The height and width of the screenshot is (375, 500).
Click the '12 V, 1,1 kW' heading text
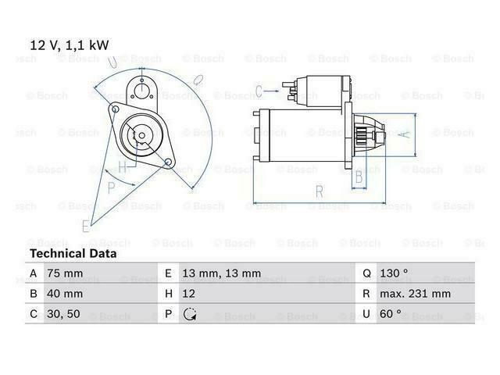tap(70, 45)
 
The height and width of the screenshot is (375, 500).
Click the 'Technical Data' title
tap(73, 253)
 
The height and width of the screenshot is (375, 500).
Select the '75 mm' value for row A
tap(65, 273)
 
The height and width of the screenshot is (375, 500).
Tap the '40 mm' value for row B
tap(65, 294)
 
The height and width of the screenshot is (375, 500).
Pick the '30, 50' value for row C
tap(63, 314)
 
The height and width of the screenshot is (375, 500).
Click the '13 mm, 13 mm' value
tap(221, 273)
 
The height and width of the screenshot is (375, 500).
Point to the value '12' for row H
tap(188, 294)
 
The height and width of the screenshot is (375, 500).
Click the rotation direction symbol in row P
tap(190, 314)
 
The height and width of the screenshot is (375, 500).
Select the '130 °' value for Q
tap(394, 273)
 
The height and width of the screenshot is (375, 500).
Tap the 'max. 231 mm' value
tap(415, 294)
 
